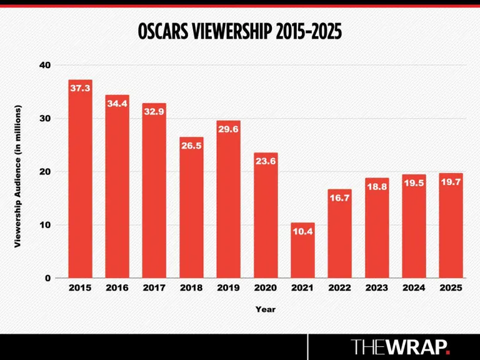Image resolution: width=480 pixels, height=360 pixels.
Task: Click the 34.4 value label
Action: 117,104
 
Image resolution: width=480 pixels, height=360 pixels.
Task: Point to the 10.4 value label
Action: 302,232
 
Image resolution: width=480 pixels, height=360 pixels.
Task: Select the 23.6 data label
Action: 266,161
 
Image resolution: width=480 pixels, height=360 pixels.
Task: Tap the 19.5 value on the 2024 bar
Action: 414,184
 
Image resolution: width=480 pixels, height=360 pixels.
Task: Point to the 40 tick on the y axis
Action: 45,65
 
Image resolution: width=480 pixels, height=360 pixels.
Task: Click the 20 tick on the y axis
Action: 45,172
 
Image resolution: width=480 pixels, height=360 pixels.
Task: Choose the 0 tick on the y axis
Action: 48,278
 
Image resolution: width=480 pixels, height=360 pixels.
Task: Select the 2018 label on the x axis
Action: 191,288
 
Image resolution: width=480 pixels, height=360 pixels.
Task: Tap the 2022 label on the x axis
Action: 339,288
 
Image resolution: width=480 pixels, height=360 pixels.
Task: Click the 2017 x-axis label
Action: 154,288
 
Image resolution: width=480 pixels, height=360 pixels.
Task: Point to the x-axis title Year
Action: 265,309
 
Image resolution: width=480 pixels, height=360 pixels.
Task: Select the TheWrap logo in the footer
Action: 400,347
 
